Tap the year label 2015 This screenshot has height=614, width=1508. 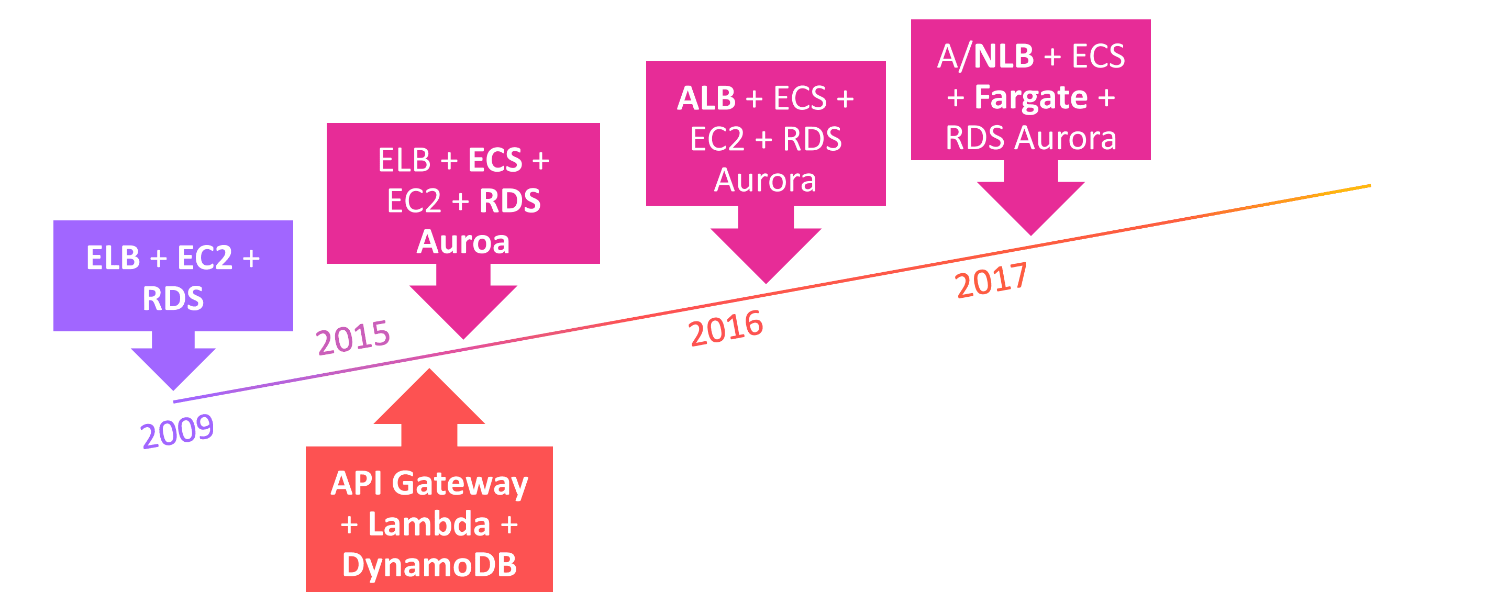(x=352, y=337)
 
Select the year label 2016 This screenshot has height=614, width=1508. (x=725, y=328)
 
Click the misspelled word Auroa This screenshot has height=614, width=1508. (x=463, y=242)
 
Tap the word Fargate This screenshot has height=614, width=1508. (x=1031, y=97)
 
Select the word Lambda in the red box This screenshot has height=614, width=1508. (x=429, y=524)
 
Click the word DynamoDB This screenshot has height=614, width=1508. (x=429, y=565)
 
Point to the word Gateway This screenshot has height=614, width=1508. (x=460, y=484)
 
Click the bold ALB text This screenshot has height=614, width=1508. (x=706, y=98)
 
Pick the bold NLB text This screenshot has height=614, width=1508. (x=1003, y=57)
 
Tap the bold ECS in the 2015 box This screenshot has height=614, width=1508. (x=495, y=160)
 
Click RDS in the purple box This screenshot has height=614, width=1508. (x=173, y=298)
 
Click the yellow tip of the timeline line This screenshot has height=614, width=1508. (x=1358, y=187)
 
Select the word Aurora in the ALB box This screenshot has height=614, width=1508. (x=765, y=180)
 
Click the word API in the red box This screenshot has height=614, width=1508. (x=356, y=484)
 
